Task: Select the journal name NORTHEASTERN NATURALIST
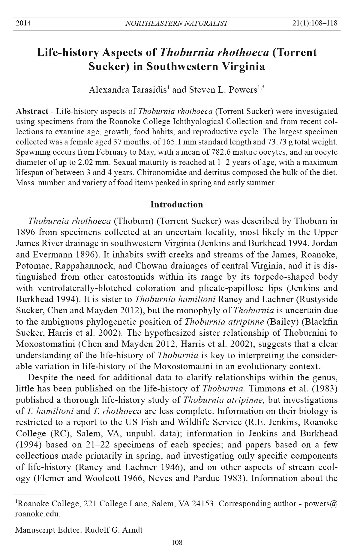tap(176, 23)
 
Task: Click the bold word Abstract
tap(32, 111)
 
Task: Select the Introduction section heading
tap(176, 204)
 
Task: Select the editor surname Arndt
tap(133, 530)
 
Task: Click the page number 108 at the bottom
tap(177, 542)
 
